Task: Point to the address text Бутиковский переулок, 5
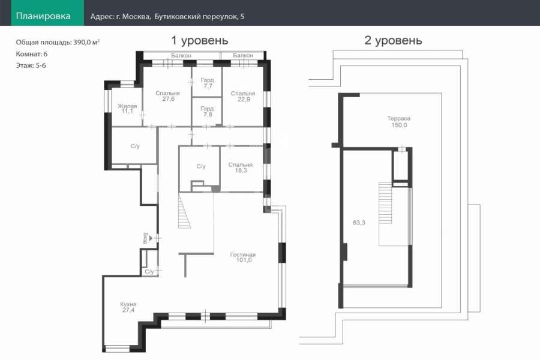coord(199,17)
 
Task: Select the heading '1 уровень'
coord(200,40)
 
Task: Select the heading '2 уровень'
coord(393,40)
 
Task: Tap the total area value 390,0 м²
coord(86,43)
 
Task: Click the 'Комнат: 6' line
coord(32,54)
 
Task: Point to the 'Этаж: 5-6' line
coord(31,65)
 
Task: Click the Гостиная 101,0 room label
coord(243,257)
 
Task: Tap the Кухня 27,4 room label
coord(128,307)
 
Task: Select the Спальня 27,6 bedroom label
coord(168,96)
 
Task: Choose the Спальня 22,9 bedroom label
coord(243,96)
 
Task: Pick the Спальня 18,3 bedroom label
coord(241,167)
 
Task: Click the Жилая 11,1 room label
coord(127,109)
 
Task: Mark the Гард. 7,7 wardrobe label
coord(208,83)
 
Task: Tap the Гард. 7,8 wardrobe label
coord(208,112)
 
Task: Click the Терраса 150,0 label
coord(399,122)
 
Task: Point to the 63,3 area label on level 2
coord(359,223)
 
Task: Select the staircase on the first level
coord(184,211)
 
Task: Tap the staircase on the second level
coord(385,203)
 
